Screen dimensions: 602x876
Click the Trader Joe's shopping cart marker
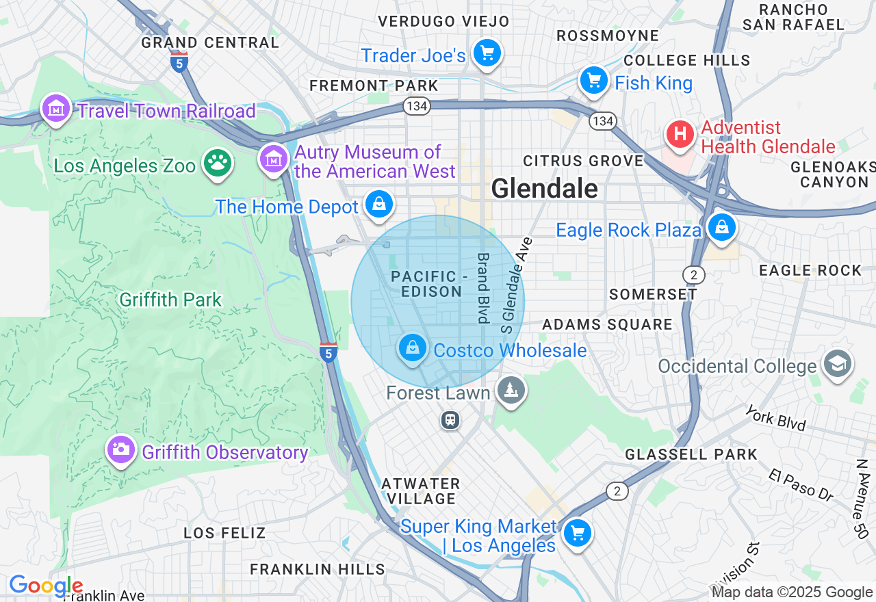(487, 53)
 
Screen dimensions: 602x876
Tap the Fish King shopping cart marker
(593, 81)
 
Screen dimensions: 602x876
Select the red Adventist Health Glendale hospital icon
(680, 134)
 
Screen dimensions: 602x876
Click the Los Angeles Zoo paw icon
(218, 163)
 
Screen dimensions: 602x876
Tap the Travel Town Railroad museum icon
(55, 108)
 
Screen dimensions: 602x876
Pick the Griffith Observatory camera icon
(121, 449)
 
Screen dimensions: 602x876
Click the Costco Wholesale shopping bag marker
(412, 348)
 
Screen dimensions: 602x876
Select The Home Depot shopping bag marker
(378, 204)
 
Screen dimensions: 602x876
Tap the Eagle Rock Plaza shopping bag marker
(721, 227)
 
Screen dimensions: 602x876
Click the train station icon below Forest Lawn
(450, 419)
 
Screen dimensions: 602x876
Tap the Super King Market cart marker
(577, 533)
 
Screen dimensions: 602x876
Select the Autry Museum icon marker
(273, 159)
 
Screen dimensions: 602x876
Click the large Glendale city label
(544, 188)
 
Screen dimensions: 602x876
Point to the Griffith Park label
(170, 300)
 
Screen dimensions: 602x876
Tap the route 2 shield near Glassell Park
(617, 491)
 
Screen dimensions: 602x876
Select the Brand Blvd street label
(483, 288)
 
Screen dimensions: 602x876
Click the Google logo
(46, 586)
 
